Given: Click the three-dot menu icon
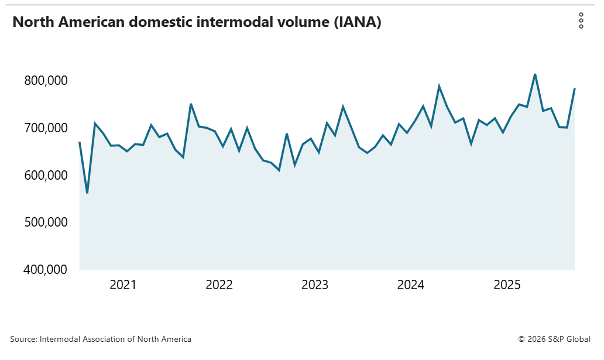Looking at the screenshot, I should tap(581, 20).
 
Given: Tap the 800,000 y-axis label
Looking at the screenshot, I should tap(44, 80).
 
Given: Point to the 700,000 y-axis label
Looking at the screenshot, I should tap(44, 128).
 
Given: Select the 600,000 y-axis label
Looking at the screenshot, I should tap(44, 175).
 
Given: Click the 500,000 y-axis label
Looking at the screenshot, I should tap(44, 222).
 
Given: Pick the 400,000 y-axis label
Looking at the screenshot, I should tap(44, 270).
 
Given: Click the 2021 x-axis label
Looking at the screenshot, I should tap(123, 285).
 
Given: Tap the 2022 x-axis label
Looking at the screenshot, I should tap(219, 285).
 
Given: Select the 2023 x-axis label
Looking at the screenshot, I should tap(315, 285).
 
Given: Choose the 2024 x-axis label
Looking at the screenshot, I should tap(411, 285).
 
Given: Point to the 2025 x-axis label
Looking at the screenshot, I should tap(507, 285).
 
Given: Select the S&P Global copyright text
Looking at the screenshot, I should tap(554, 339).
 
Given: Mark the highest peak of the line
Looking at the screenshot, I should tap(535, 74).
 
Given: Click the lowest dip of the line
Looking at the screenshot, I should tap(87, 193).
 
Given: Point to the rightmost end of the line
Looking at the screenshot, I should tap(575, 88).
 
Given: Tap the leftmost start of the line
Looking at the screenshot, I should tap(80, 142).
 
